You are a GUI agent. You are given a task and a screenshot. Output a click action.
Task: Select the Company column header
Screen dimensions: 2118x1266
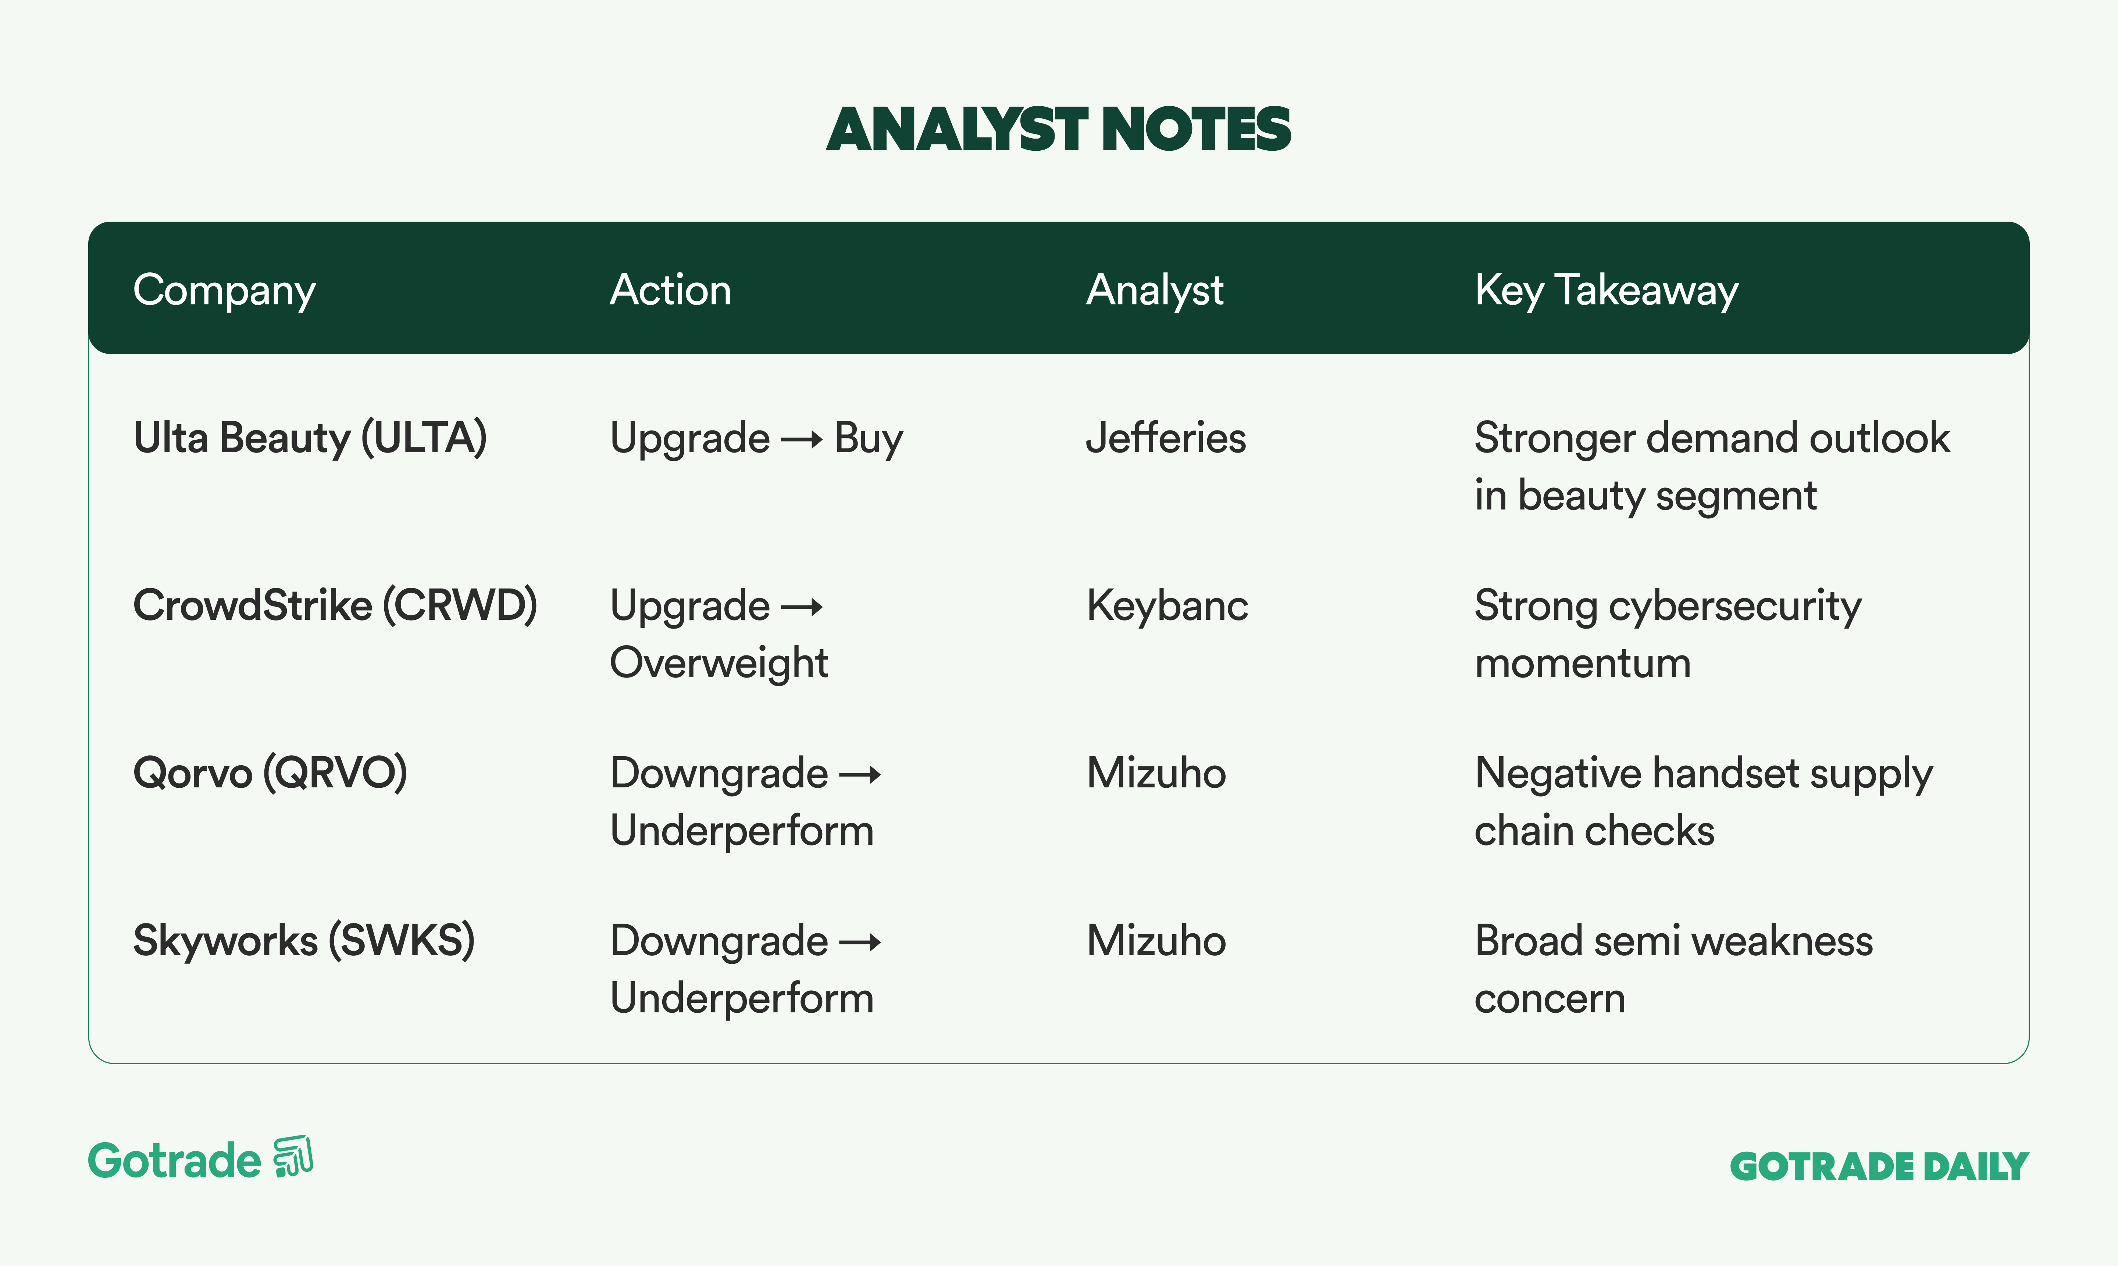(x=224, y=291)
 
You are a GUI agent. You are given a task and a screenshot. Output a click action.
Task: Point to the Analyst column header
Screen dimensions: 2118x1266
(x=1155, y=291)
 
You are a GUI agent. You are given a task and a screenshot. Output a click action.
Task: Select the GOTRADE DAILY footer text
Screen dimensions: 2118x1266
(x=1879, y=1166)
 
